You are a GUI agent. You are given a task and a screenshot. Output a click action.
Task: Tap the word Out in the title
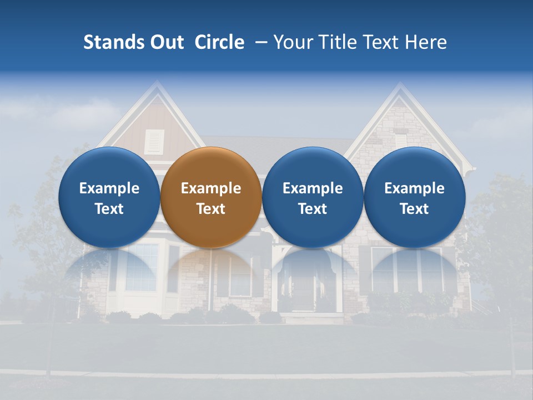tap(165, 42)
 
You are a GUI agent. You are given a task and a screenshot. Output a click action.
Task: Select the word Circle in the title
tap(219, 42)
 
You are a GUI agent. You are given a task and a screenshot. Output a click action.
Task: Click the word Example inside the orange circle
tap(211, 188)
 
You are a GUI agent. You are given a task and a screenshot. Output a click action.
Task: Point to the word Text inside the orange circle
tap(211, 209)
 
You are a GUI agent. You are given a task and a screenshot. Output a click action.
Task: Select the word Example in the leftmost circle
tap(109, 188)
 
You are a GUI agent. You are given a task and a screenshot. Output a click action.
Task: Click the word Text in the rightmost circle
tap(414, 209)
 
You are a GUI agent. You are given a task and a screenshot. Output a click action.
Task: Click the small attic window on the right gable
tap(401, 141)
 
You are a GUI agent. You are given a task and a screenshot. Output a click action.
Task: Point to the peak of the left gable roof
tap(157, 83)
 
